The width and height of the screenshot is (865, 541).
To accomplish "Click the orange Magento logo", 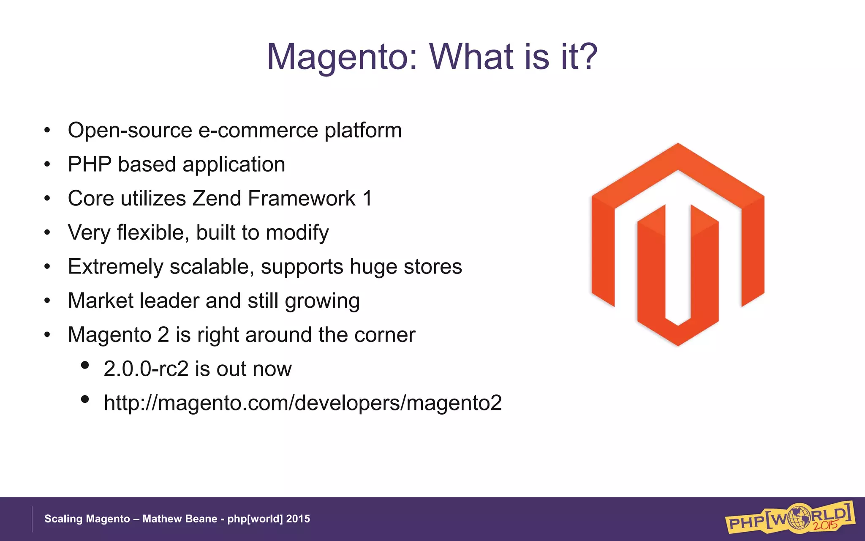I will (x=678, y=244).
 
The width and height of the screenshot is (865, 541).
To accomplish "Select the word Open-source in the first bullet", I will (x=130, y=130).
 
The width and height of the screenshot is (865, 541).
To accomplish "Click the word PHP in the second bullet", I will (x=90, y=164).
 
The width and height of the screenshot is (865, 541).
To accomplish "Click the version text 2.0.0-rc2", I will (x=146, y=369).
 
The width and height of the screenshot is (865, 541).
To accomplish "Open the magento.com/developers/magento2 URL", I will (x=302, y=403).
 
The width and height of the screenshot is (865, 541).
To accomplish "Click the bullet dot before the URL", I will (x=85, y=399).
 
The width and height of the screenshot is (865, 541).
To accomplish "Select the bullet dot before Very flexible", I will (x=47, y=232).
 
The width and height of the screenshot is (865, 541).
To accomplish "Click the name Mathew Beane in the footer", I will (x=180, y=519).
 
